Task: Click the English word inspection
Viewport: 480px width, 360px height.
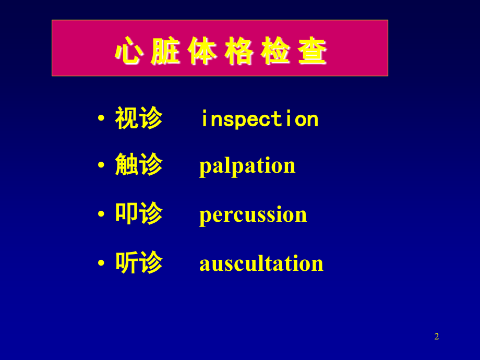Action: coord(259,119)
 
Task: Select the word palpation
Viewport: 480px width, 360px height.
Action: coord(247,166)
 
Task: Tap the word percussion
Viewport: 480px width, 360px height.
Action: coord(253,214)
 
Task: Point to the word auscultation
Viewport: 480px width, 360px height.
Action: coord(261,263)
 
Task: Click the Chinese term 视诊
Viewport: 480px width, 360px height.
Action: coord(139,118)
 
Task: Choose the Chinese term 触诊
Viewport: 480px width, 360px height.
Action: coord(139,165)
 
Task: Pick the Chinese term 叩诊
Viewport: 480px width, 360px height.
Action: coord(139,213)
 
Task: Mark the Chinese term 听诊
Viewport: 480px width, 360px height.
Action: coord(139,262)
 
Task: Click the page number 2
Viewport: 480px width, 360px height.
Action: coord(437,337)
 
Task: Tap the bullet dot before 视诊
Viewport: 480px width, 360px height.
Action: coord(101,118)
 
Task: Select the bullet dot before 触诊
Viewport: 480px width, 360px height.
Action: coord(101,165)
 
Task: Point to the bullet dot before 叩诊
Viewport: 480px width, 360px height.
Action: coord(101,214)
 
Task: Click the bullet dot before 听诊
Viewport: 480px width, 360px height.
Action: coord(101,263)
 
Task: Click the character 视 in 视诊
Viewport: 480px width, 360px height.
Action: coord(127,118)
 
